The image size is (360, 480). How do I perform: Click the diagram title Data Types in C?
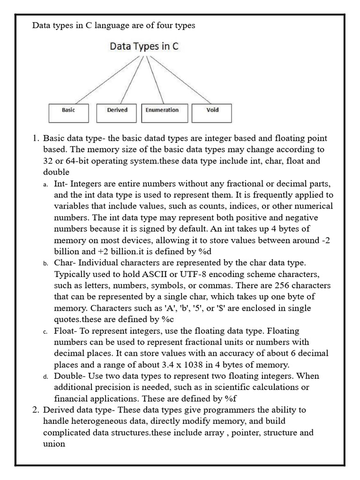tap(144, 46)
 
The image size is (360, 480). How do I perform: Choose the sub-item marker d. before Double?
tap(46, 376)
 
